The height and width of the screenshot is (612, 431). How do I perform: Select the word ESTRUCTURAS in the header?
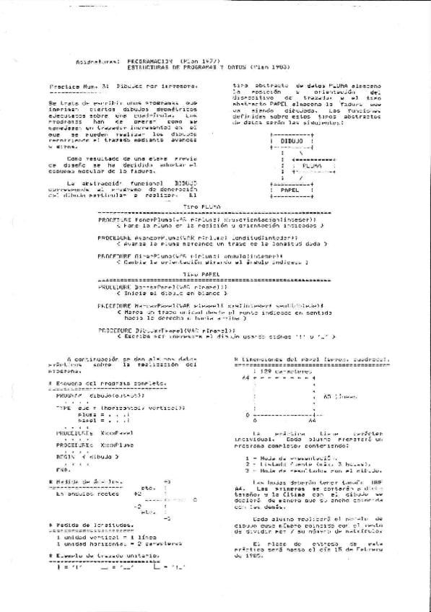coord(142,69)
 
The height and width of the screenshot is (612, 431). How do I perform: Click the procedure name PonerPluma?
coord(142,219)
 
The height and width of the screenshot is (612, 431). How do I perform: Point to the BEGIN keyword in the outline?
coord(66,458)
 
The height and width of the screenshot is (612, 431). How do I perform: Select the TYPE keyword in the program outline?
coord(62,408)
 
